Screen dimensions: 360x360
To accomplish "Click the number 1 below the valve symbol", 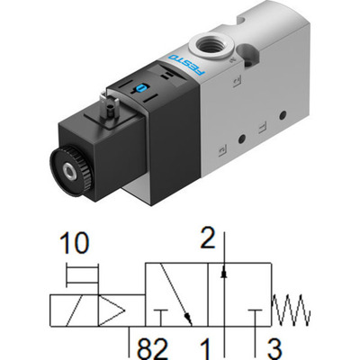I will tap(206, 346).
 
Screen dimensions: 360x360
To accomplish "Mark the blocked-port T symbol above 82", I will tap(161, 315).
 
